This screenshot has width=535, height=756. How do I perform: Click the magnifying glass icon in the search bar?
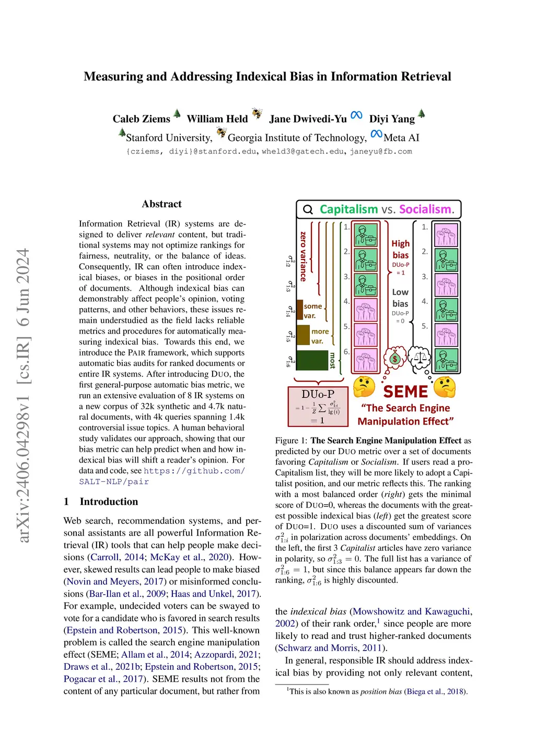pos(308,209)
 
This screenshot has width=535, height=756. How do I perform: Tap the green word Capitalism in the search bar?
pos(348,209)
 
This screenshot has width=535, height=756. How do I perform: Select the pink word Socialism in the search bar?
pos(425,209)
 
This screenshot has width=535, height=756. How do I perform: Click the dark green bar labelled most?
pos(312,360)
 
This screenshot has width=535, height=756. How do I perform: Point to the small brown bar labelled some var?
pos(300,310)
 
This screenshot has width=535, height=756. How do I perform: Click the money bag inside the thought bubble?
pos(395,358)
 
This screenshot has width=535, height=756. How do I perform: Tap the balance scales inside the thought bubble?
pos(419,358)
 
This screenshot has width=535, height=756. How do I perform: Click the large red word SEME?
pos(405,392)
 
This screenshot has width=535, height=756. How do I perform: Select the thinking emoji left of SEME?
pos(364,387)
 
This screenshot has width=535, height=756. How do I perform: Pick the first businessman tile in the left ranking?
pos(366,235)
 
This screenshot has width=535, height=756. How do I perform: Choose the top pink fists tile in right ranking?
pos(446,235)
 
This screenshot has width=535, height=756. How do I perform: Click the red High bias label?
pos(401,249)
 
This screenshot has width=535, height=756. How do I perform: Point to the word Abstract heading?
pos(161,204)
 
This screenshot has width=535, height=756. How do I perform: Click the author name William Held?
pos(217,119)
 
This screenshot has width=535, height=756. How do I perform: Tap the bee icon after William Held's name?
pos(257,113)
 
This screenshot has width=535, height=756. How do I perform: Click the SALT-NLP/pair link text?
pos(114,482)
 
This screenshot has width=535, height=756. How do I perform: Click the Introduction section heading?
pos(109,502)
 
